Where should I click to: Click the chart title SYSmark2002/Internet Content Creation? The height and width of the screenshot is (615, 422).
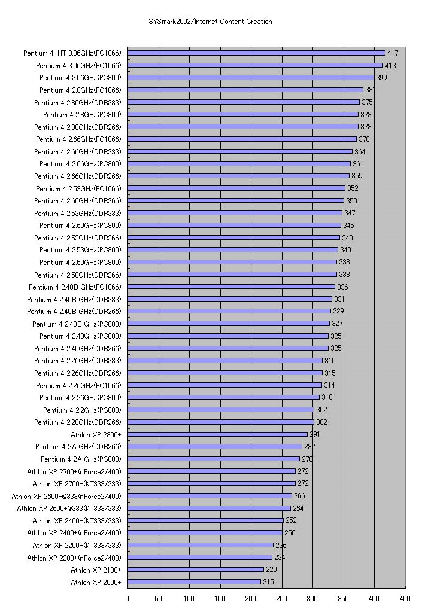(210, 22)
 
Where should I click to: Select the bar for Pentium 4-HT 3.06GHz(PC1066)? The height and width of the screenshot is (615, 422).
(256, 53)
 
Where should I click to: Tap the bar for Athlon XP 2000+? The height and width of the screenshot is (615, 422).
(194, 582)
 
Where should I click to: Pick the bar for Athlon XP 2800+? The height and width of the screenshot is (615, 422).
(217, 434)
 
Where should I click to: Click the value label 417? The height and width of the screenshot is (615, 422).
(393, 53)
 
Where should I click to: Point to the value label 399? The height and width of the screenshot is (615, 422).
(381, 78)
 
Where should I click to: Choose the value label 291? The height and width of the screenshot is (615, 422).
(315, 434)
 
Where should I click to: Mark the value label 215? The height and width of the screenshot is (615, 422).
(268, 582)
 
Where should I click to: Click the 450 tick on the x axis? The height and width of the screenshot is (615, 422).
(405, 598)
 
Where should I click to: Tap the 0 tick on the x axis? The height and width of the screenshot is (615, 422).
(127, 598)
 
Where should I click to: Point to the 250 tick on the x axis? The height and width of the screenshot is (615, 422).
(282, 598)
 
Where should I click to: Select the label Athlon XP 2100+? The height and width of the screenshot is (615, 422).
(96, 570)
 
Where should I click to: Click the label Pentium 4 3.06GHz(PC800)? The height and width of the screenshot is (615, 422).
(80, 78)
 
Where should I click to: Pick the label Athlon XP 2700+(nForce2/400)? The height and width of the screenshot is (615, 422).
(74, 471)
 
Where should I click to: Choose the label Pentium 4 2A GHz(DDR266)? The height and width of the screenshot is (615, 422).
(78, 447)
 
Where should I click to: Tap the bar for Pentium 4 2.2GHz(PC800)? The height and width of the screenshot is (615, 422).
(220, 410)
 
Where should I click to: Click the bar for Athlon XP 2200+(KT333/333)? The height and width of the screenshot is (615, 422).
(200, 545)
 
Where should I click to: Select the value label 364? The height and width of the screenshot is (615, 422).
(359, 152)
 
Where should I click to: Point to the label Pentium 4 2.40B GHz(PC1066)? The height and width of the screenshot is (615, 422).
(75, 287)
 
